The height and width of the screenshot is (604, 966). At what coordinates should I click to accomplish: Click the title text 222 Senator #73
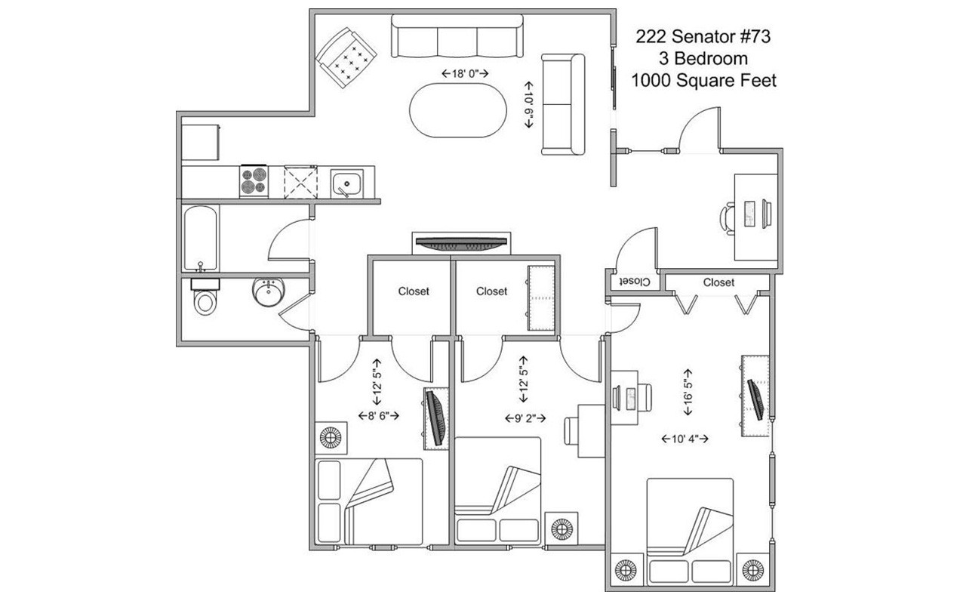point(703,36)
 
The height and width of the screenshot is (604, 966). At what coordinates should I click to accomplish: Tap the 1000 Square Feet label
point(703,81)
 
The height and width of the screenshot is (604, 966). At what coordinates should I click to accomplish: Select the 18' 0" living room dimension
point(466,73)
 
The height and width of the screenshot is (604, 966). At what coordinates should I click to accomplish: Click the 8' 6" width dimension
point(377,415)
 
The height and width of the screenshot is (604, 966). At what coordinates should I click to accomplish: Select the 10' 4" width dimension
point(685,439)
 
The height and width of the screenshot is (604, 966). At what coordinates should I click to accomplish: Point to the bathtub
point(201,237)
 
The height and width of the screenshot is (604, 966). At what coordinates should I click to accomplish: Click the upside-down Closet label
point(634,282)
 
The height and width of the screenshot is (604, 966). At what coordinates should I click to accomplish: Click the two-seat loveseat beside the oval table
point(563,104)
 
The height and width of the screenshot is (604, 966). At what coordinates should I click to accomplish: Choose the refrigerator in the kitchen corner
point(201,141)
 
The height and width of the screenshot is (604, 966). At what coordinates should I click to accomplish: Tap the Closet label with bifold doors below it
point(718,282)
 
